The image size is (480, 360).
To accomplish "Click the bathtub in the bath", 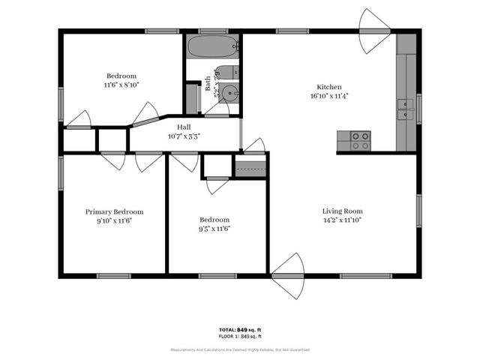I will click(213, 46).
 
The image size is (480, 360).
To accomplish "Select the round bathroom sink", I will click(229, 94).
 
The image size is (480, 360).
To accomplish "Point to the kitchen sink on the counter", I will click(405, 109).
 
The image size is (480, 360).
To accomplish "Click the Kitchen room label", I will click(329, 86).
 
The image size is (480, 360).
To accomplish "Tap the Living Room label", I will click(342, 211).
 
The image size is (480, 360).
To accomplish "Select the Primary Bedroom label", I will click(114, 211).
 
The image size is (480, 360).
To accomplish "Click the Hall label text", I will click(184, 127).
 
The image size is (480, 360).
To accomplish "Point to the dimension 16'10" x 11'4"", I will click(329, 96).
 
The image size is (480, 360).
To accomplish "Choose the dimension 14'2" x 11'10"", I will click(342, 220).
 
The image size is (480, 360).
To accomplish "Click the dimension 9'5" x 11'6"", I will click(214, 229).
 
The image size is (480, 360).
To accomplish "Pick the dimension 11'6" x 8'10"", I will click(121, 85).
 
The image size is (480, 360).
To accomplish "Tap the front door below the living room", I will click(287, 276).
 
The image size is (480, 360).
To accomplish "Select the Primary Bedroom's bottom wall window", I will click(114, 276).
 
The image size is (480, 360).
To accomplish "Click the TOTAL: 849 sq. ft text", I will click(239, 330).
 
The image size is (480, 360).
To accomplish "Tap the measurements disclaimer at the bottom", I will click(239, 349).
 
